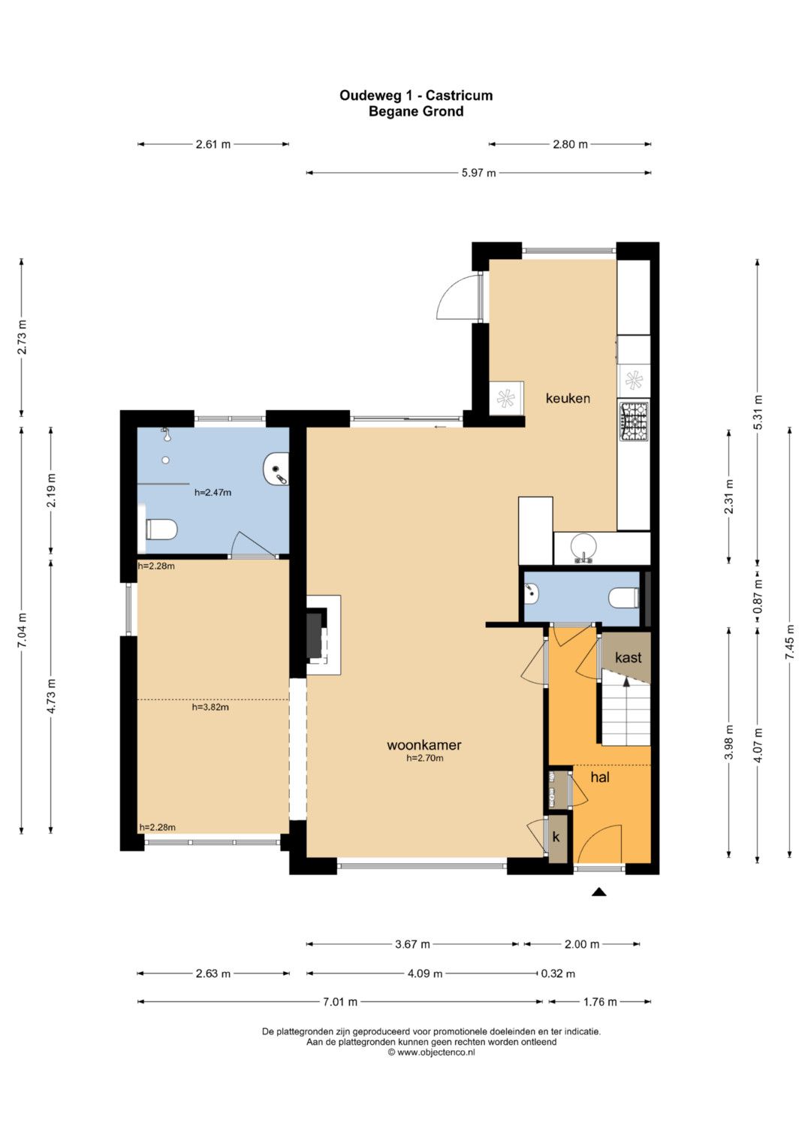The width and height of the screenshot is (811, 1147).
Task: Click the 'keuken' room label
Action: click(x=567, y=398)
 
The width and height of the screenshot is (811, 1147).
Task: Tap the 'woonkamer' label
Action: click(x=424, y=745)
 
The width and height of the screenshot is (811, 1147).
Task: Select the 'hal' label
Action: click(x=599, y=777)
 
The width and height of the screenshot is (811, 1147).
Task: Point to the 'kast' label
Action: click(x=628, y=657)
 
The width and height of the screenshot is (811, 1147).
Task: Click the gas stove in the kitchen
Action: click(x=634, y=421)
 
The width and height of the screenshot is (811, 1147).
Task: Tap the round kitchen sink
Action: click(x=583, y=547)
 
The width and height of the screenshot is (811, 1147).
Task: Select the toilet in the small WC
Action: click(x=624, y=597)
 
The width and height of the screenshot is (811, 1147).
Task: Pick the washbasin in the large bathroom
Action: click(x=276, y=467)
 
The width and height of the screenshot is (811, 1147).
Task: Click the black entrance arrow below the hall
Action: click(x=599, y=892)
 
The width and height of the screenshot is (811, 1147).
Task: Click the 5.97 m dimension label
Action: click(x=479, y=173)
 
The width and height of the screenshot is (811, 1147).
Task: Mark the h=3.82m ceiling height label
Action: click(x=210, y=707)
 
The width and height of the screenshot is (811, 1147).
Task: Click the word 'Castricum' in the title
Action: click(x=459, y=95)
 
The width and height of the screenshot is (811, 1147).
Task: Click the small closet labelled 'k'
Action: click(x=556, y=838)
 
